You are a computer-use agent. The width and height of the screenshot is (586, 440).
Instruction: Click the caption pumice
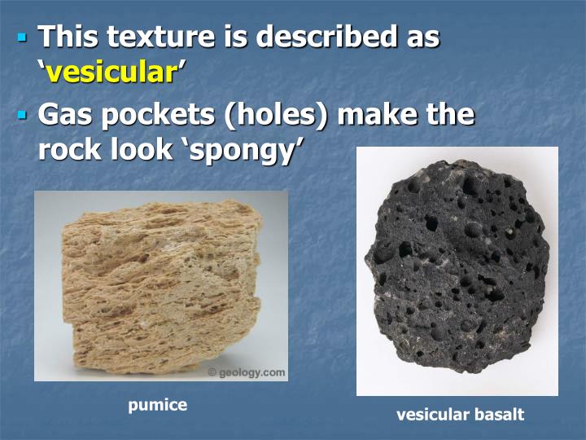(x=157, y=405)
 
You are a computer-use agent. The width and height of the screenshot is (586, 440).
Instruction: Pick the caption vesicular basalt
(x=460, y=415)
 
